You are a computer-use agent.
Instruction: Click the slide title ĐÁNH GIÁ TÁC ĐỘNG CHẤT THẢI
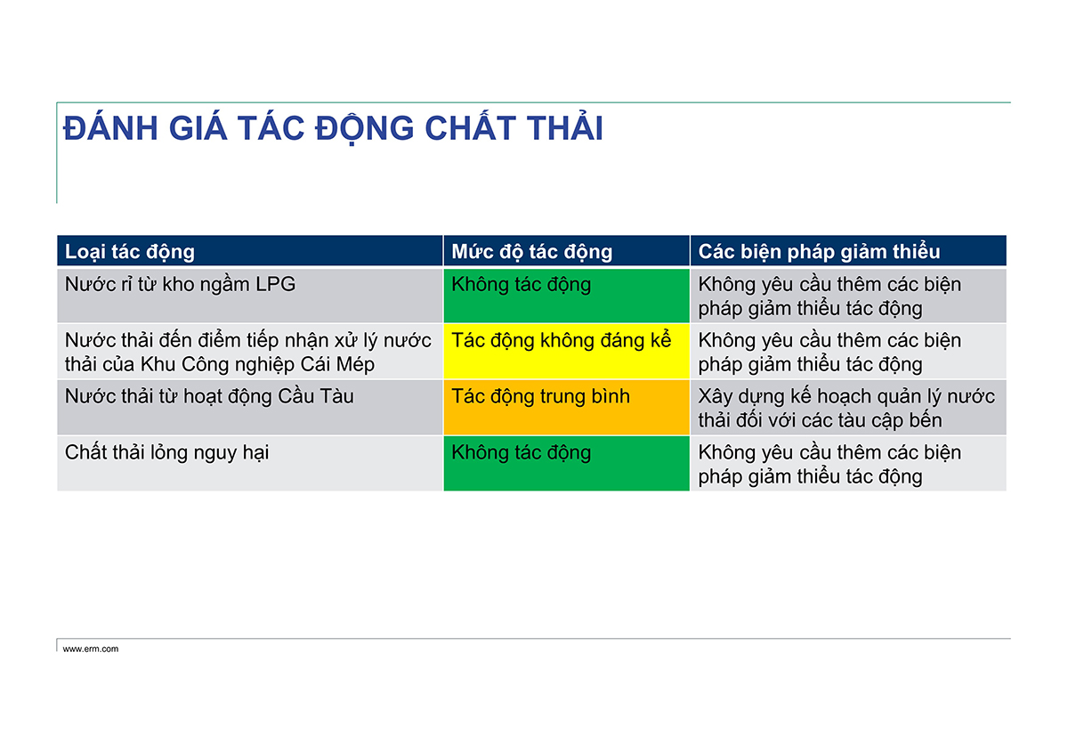tap(333, 129)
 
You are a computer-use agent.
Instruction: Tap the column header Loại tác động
tap(130, 251)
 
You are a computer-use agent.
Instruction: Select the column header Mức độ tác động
tap(531, 251)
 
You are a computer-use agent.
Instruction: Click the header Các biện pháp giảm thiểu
tap(819, 251)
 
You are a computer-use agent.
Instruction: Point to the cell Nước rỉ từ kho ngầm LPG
tap(250, 296)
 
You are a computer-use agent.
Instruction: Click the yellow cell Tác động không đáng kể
tap(566, 352)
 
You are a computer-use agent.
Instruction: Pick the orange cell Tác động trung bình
tap(566, 407)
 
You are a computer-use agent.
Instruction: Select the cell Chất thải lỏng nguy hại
tap(250, 463)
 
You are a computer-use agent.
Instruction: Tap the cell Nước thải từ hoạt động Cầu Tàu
tap(250, 407)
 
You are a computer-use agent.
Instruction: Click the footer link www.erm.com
tap(91, 649)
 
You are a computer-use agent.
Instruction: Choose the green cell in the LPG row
tap(566, 296)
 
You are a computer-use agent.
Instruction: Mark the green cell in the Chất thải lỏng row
tap(566, 463)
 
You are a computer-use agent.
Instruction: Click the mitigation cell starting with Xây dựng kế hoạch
tap(848, 407)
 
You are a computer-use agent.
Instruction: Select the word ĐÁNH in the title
tap(110, 128)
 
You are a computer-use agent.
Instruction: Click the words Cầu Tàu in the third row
tap(316, 396)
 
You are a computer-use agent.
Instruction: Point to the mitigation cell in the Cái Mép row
tap(848, 352)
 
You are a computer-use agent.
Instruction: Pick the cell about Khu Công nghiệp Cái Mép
tap(250, 352)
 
